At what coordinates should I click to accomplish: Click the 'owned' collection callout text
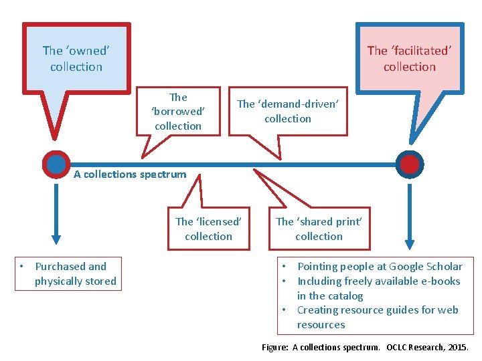[x=76, y=58]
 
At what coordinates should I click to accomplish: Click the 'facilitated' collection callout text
[x=409, y=58]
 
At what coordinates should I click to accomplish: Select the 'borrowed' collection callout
[x=178, y=112]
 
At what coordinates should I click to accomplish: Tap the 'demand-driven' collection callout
[x=288, y=111]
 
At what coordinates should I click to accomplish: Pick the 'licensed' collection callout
[x=208, y=229]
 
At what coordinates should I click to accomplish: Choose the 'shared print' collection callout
[x=319, y=229]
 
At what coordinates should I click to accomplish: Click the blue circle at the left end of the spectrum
[x=56, y=164]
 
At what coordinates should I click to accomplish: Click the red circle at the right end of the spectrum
[x=409, y=164]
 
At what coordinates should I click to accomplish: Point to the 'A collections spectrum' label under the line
[x=130, y=174]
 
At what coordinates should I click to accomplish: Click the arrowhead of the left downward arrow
[x=56, y=237]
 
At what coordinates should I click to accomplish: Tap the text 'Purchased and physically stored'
[x=75, y=274]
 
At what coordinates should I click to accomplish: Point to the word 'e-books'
[x=441, y=281]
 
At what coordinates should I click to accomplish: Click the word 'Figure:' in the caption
[x=275, y=348]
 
